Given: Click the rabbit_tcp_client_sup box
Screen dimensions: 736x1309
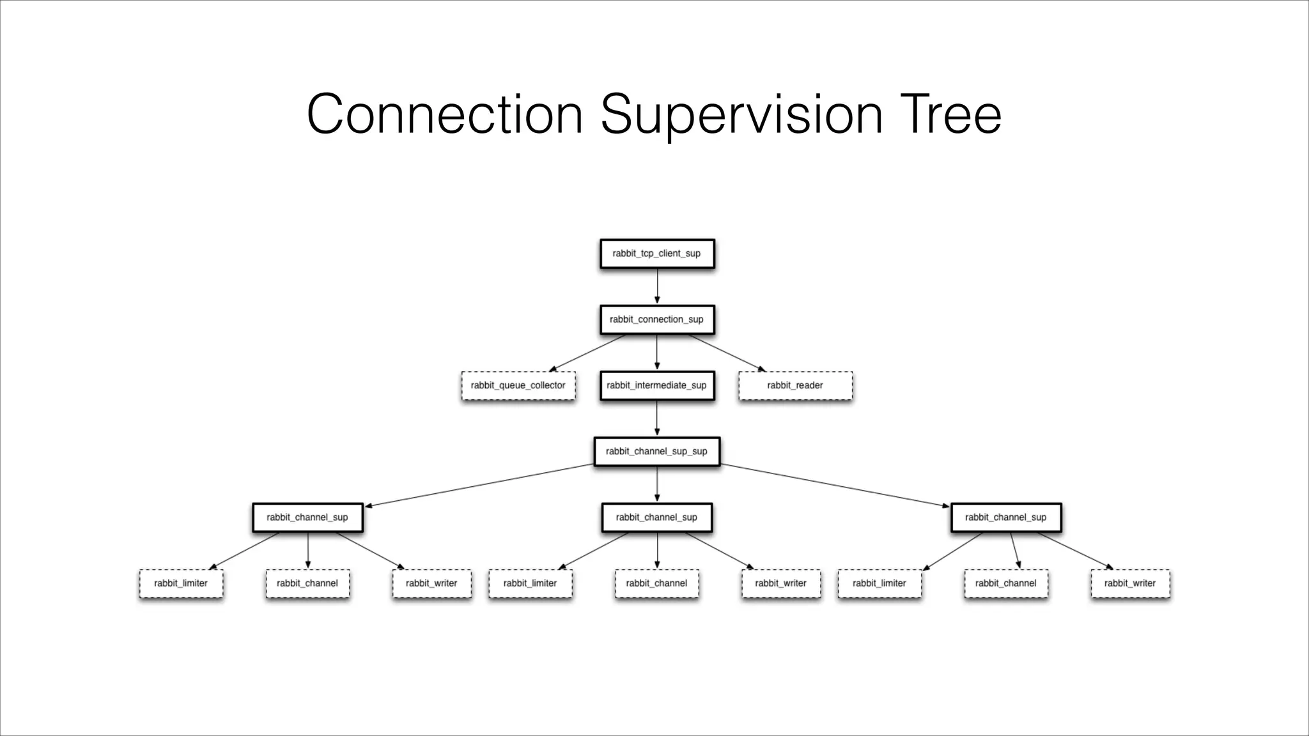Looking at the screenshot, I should pos(657,254).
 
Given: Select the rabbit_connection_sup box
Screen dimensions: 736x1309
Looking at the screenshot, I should pos(657,319).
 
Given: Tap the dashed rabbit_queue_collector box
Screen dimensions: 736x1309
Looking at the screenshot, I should pos(518,386).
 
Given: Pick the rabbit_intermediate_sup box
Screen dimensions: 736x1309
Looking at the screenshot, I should pos(657,386).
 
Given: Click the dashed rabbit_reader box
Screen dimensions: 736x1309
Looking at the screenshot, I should pos(795,386).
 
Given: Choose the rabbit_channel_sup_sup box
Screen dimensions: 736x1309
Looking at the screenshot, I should pos(657,452).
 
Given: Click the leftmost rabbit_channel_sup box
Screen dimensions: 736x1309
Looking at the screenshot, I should pos(307,517).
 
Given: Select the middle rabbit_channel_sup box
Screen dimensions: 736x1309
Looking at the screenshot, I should pos(657,517).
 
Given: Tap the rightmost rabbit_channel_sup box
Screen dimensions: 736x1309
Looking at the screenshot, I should pos(1006,517).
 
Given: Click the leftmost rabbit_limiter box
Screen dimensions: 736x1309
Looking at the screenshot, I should pos(181,583).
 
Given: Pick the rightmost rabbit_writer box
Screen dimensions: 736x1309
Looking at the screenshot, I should pos(1130,583).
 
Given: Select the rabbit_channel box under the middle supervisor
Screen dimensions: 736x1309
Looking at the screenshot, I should pos(657,583).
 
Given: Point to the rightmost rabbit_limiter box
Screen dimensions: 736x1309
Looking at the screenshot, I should pos(879,583).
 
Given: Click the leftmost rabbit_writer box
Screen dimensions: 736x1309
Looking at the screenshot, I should pos(431,583).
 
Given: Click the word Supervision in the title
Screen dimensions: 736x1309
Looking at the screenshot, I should pos(741,115).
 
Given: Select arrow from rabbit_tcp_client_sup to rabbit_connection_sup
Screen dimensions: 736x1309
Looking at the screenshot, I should pos(657,286).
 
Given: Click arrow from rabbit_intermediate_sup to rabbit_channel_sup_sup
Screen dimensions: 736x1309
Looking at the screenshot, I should pos(657,418).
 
